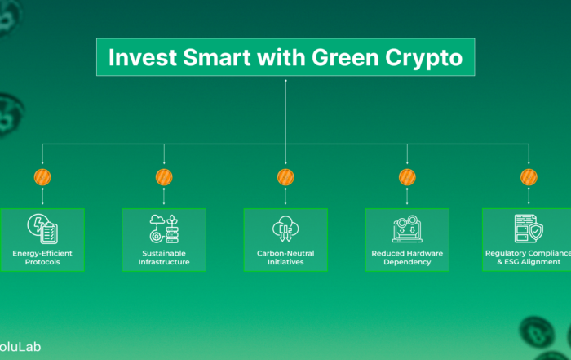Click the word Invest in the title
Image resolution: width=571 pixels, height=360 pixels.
point(143,57)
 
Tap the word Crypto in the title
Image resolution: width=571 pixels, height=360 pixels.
point(424,58)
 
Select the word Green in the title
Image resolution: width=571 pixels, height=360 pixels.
point(345,57)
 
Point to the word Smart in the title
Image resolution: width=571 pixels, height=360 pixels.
point(217,57)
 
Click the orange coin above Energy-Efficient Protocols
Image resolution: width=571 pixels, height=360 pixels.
point(42,177)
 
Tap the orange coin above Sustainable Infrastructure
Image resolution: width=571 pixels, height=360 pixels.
point(164,177)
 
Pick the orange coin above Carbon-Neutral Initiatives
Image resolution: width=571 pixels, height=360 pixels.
point(285,177)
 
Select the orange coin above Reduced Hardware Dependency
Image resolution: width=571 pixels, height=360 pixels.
point(407,177)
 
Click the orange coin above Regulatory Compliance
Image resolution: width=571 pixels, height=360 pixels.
point(529,177)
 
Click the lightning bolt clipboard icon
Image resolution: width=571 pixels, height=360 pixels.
point(42,229)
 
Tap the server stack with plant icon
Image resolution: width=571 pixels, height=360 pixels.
point(164,229)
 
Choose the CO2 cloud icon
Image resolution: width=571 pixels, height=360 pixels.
point(285,229)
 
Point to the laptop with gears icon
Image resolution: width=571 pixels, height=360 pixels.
point(407,229)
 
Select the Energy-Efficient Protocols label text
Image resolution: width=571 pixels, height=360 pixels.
point(42,258)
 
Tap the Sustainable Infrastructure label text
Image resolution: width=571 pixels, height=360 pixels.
point(164,258)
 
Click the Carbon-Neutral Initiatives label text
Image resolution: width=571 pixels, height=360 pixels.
point(285,258)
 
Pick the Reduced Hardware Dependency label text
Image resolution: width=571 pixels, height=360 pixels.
point(407,258)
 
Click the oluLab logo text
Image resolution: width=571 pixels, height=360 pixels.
point(20,347)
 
